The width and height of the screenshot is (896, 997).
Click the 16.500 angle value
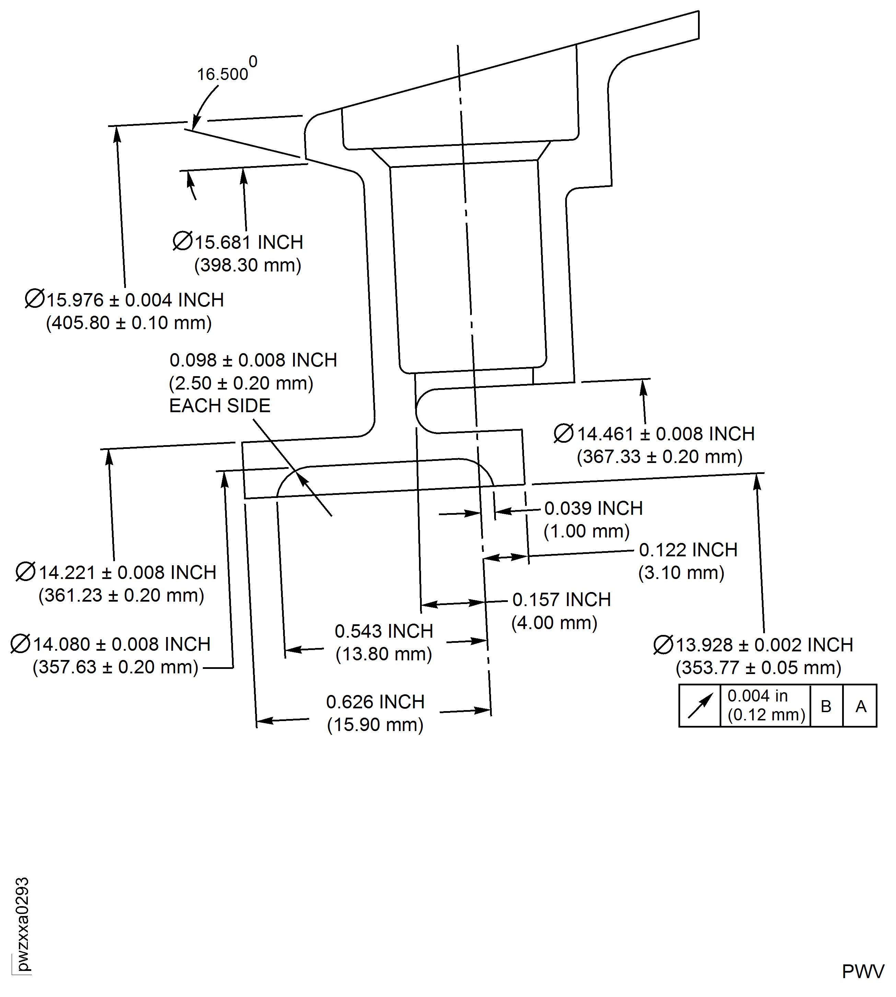[x=222, y=74]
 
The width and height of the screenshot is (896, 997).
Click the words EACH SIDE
[x=220, y=406]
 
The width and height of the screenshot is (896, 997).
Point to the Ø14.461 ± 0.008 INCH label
[x=655, y=434]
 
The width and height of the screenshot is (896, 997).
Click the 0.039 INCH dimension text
[x=593, y=508]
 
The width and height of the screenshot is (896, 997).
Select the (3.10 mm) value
[x=681, y=572]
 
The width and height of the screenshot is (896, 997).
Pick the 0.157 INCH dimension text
[x=561, y=600]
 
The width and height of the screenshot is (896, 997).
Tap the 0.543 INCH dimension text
[x=384, y=631]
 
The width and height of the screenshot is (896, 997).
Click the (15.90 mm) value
[x=375, y=725]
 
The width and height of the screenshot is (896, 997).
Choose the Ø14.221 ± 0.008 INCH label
[x=116, y=572]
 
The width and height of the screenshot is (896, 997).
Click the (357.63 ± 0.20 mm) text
[x=115, y=667]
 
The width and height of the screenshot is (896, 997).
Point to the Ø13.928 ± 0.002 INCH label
[x=753, y=645]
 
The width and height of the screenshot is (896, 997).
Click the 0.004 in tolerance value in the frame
[x=757, y=696]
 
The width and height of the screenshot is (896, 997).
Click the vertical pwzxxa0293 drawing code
[x=22, y=924]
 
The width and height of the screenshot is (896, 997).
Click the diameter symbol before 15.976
[x=34, y=299]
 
